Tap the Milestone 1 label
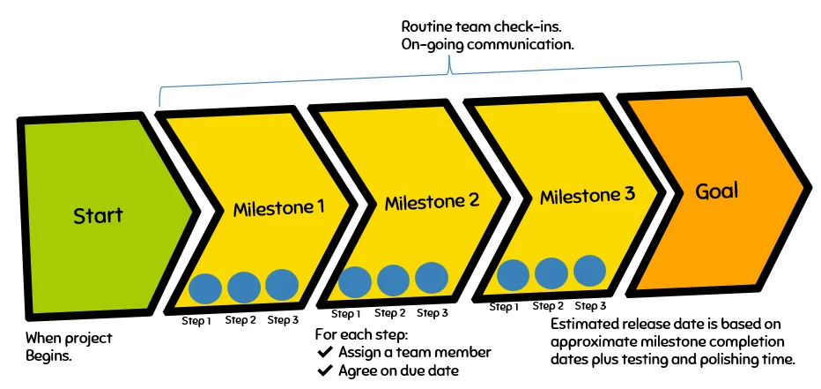pyautogui.click(x=278, y=209)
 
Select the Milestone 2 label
pyautogui.click(x=432, y=202)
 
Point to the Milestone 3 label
pyautogui.click(x=587, y=196)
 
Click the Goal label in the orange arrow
pyautogui.click(x=716, y=191)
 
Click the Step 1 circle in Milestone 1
pyautogui.click(x=205, y=288)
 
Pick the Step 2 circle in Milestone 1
pyautogui.click(x=244, y=287)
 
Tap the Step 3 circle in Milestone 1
pyautogui.click(x=282, y=285)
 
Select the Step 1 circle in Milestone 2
pyautogui.click(x=355, y=281)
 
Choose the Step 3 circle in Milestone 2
pyautogui.click(x=432, y=277)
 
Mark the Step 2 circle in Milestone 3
pyautogui.click(x=551, y=273)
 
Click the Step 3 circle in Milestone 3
pyautogui.click(x=589, y=270)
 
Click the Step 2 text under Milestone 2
pyautogui.click(x=389, y=313)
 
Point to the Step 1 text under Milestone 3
pyautogui.click(x=504, y=307)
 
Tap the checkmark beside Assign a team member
pyautogui.click(x=323, y=353)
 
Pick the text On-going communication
pyautogui.click(x=487, y=44)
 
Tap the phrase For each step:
pyautogui.click(x=361, y=334)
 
